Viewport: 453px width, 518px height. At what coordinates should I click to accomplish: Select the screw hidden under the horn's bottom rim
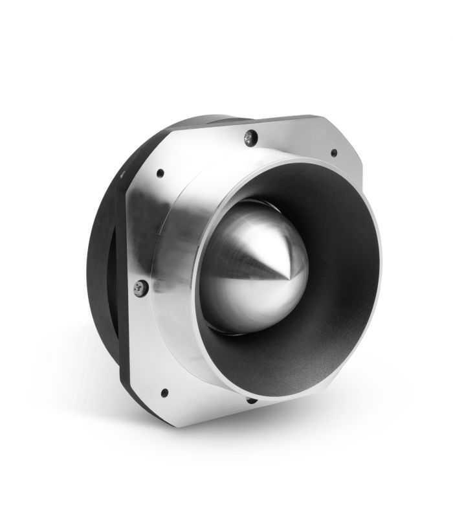(x=252, y=400)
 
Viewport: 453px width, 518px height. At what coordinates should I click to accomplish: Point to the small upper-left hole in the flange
(x=160, y=174)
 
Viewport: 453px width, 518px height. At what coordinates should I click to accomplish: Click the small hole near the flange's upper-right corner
(x=334, y=153)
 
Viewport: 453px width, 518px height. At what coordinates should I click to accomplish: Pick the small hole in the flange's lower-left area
(x=164, y=392)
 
